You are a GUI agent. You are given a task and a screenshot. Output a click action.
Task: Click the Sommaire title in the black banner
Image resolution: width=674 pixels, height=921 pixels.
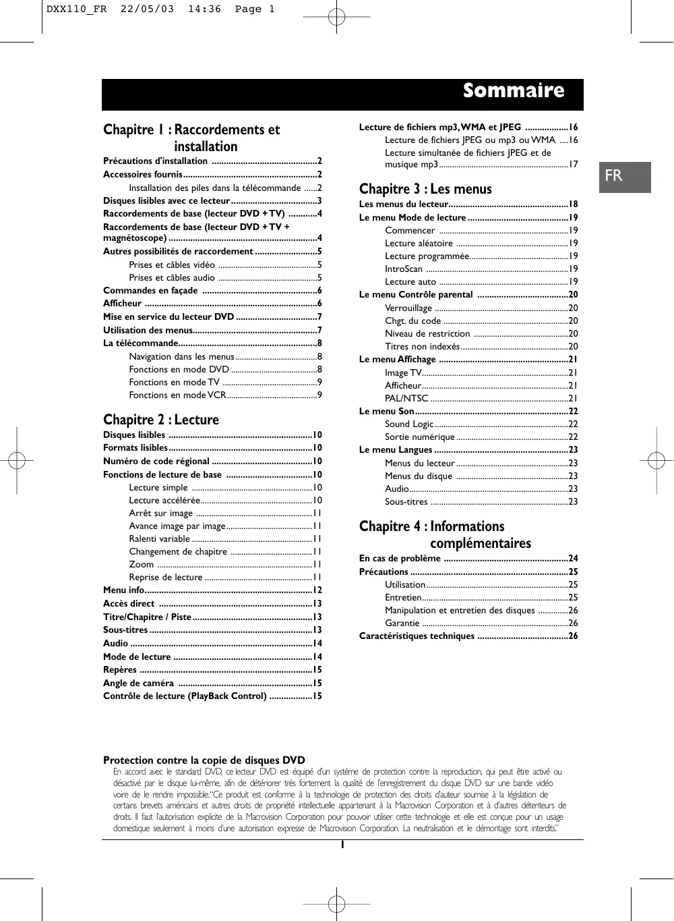click(513, 91)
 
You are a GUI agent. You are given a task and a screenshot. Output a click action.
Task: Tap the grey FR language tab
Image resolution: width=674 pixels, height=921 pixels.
click(613, 176)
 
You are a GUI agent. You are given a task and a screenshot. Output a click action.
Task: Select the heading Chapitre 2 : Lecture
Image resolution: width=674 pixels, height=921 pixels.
click(160, 420)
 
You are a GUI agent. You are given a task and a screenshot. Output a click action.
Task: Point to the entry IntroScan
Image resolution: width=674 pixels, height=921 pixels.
click(404, 269)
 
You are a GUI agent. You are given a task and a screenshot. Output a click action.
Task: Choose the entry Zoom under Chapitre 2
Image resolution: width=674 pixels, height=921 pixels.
click(142, 564)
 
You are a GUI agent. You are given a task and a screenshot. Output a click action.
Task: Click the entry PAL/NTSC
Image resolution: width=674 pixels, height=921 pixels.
click(406, 398)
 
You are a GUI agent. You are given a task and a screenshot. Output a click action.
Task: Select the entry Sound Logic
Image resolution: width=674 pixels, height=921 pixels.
click(409, 424)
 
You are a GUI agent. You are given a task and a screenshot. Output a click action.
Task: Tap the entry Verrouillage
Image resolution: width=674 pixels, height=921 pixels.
click(408, 308)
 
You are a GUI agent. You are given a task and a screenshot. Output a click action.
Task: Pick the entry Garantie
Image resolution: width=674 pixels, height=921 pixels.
click(402, 623)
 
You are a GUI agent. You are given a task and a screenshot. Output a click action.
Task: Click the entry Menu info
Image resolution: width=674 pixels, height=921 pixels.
click(123, 590)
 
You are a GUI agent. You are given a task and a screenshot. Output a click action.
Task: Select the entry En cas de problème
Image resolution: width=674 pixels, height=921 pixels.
click(400, 558)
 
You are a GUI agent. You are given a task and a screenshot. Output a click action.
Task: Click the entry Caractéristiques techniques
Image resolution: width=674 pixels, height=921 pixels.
click(417, 636)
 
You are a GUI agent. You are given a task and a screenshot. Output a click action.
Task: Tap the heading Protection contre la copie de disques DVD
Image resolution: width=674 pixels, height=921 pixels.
click(204, 760)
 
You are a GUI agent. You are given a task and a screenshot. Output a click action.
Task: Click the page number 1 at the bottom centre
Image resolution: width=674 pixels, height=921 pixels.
click(342, 845)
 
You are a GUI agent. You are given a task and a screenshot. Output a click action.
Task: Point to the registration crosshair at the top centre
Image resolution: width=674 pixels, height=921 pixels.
click(336, 16)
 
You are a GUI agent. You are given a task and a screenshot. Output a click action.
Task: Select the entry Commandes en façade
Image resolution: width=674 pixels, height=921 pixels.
click(150, 290)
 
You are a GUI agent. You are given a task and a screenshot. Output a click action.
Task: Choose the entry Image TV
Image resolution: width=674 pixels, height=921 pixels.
click(403, 372)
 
